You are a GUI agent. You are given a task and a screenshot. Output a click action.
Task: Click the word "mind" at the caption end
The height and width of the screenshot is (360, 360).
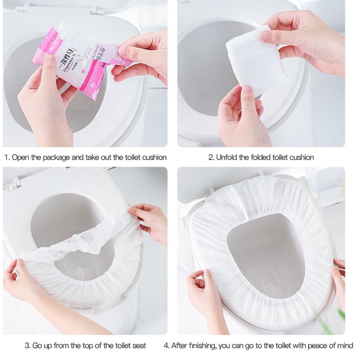pos(345,346)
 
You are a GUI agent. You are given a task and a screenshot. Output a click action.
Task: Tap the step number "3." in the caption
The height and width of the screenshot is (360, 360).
pos(27,346)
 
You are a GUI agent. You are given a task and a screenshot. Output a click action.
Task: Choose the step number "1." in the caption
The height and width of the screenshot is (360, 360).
pos(7,157)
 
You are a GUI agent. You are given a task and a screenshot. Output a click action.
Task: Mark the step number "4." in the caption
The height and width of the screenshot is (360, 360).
pos(167,346)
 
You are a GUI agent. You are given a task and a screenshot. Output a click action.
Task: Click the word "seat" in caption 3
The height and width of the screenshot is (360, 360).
pos(138,346)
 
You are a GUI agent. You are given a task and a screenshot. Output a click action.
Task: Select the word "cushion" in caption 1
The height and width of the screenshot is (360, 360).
pos(153,157)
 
